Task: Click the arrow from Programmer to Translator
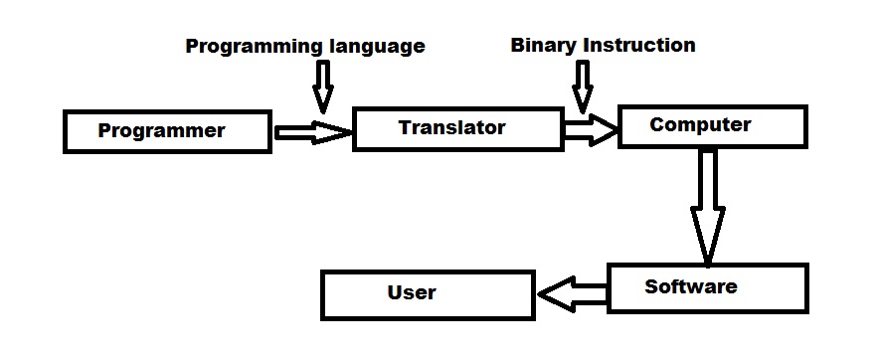click(312, 131)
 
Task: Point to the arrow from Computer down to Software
click(708, 209)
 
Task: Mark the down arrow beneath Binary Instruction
click(583, 86)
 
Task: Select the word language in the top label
click(377, 46)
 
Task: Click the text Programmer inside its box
click(161, 130)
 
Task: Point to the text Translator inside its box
click(451, 127)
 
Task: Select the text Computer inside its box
click(699, 124)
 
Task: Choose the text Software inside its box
click(690, 286)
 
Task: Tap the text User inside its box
click(411, 291)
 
